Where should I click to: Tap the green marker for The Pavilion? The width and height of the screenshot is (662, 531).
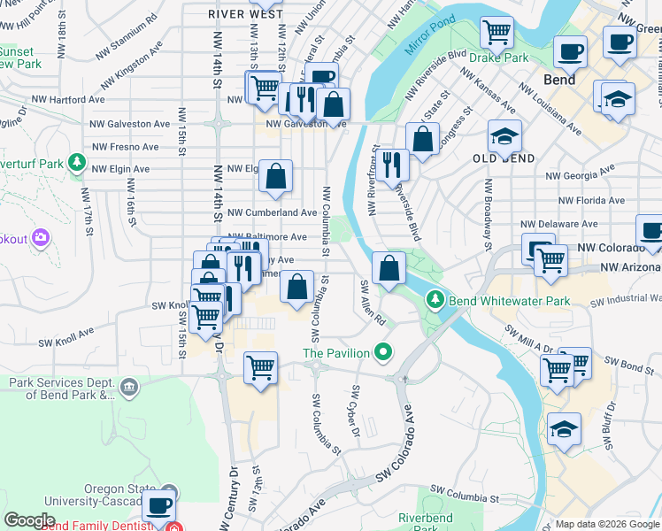(x=382, y=352)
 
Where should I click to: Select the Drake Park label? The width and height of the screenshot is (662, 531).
(x=498, y=58)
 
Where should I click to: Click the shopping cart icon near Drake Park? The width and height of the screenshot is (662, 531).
(x=497, y=33)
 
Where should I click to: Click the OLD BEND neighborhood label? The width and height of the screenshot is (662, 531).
(x=504, y=158)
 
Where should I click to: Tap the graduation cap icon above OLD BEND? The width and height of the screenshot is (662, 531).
(x=504, y=137)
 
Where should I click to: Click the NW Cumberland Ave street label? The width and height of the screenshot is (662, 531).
(x=272, y=212)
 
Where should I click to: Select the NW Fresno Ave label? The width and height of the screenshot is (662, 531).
(x=125, y=147)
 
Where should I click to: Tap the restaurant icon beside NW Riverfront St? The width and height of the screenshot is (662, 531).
(x=391, y=165)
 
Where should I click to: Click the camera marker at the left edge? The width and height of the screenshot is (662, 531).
(x=40, y=237)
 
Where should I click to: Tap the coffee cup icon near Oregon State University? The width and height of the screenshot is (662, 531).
(x=158, y=505)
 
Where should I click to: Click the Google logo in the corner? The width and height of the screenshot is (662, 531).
(x=29, y=520)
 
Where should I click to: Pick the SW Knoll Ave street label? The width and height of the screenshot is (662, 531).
(x=65, y=339)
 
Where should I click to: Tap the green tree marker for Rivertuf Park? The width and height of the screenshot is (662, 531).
(x=78, y=163)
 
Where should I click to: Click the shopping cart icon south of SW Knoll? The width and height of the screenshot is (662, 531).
(x=260, y=367)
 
